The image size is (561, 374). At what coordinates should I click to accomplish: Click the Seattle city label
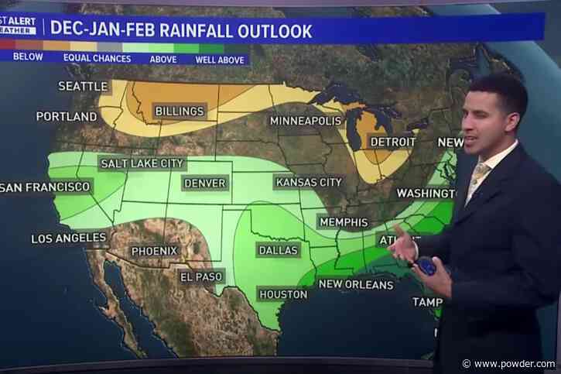84,86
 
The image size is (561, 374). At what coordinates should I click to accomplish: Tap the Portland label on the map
67,117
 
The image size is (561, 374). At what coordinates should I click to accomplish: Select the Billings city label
179,112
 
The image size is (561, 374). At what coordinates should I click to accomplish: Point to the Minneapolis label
305,121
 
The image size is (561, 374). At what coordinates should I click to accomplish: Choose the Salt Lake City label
142,163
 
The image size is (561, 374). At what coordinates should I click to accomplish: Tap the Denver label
205,184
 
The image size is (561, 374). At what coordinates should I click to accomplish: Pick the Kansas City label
309,182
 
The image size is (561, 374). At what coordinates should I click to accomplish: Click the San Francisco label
45,187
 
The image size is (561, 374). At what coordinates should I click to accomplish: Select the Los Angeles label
69,238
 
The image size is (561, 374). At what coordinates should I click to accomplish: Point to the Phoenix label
154,251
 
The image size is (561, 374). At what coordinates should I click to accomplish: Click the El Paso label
201,276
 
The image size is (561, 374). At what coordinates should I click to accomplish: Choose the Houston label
282,294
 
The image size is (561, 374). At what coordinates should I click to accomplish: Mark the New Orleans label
356,284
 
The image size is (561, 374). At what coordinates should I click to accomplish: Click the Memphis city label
343,222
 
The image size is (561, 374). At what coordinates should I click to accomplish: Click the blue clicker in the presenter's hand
426,266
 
